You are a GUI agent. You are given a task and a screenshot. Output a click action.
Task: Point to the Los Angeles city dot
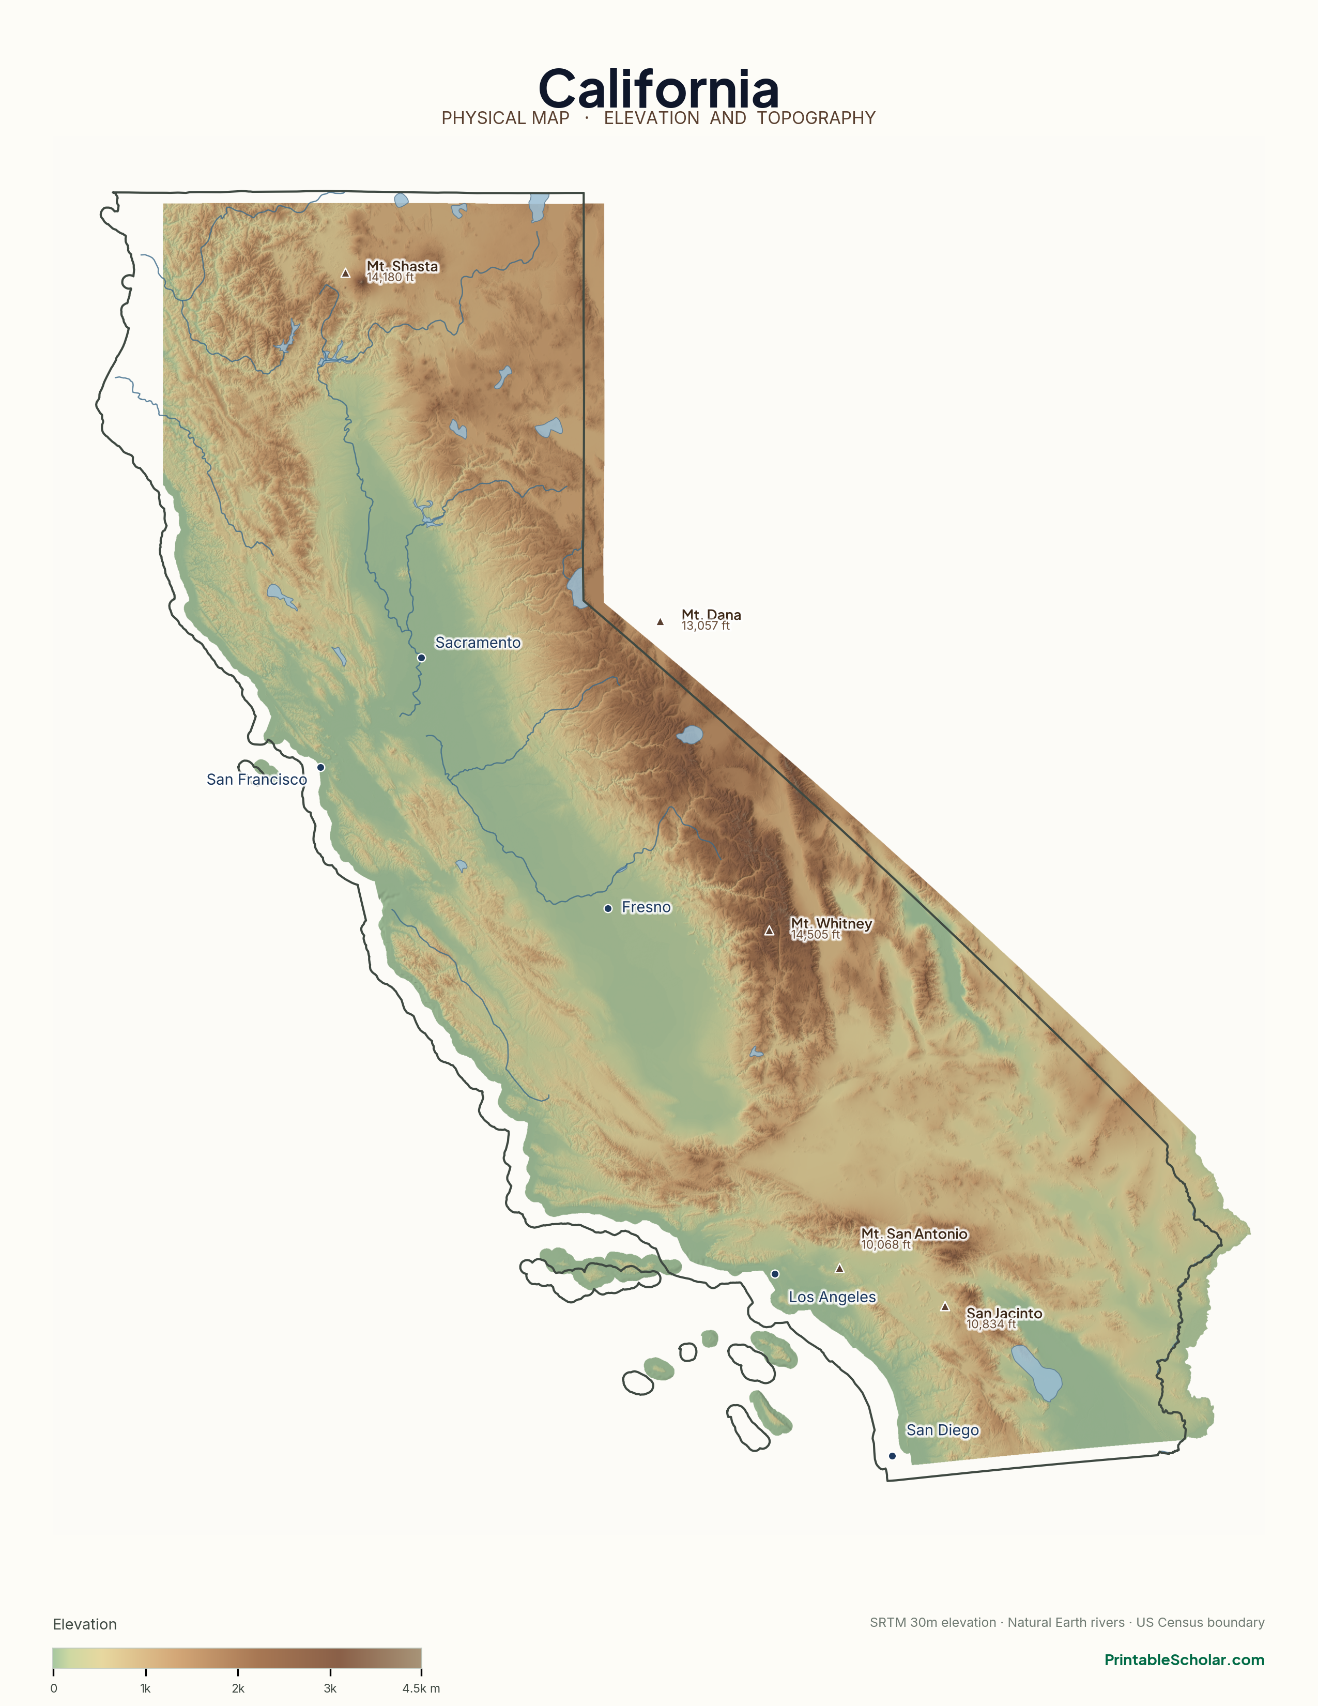click(x=775, y=1274)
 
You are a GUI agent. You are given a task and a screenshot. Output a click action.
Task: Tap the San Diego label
click(x=942, y=1430)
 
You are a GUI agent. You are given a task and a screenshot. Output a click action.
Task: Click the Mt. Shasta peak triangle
click(x=345, y=273)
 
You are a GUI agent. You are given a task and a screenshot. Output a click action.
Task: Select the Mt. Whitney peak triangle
click(x=769, y=931)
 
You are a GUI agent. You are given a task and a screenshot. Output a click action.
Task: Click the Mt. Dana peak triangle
click(x=661, y=622)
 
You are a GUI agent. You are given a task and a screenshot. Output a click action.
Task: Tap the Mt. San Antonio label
click(x=913, y=1234)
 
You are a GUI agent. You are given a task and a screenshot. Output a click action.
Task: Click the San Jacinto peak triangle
click(x=945, y=1307)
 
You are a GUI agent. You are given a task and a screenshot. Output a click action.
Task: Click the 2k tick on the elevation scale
click(x=238, y=1673)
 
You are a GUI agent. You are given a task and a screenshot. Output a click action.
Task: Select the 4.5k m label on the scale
click(x=421, y=1689)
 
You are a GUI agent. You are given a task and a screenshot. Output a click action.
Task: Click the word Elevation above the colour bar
click(x=84, y=1625)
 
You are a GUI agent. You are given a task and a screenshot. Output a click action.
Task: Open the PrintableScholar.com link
click(x=1184, y=1660)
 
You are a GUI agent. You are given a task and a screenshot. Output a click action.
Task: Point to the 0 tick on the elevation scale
click(x=53, y=1673)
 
